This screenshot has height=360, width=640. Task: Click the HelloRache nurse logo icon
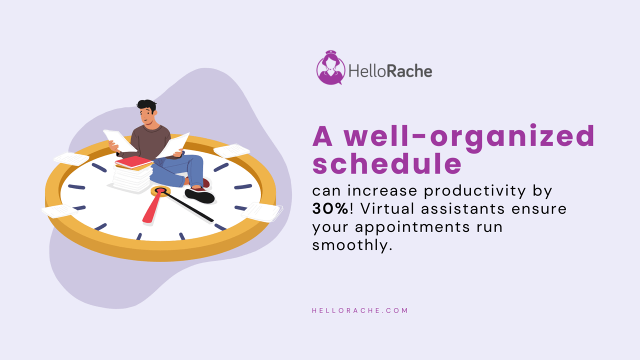tap(330, 68)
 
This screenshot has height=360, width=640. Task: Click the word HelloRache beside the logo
tap(390, 71)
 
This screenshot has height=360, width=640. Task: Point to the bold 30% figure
tap(330, 208)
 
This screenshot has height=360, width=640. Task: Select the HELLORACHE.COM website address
tap(360, 310)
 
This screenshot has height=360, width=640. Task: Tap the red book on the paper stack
tap(133, 162)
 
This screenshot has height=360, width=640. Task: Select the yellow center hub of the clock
tap(160, 190)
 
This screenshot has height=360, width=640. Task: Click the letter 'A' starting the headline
tap(322, 137)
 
